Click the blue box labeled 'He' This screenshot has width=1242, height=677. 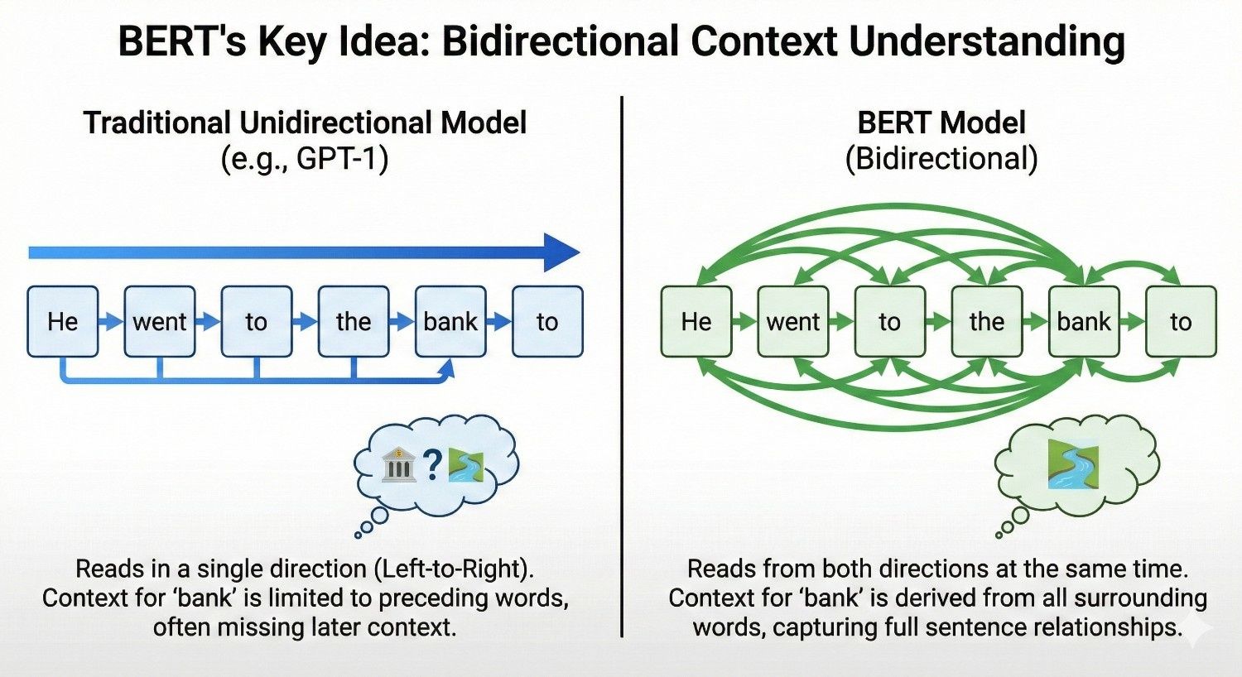click(x=63, y=321)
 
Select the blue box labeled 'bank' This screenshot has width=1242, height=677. click(x=450, y=321)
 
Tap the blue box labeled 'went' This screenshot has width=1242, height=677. click(x=160, y=321)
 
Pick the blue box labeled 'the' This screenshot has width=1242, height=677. click(x=354, y=321)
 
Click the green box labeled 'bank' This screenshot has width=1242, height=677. click(x=1084, y=321)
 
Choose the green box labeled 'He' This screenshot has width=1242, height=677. click(x=696, y=321)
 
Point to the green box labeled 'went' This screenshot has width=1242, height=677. click(x=793, y=321)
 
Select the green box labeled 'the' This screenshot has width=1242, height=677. click(x=987, y=321)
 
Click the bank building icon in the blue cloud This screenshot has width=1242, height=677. click(x=399, y=465)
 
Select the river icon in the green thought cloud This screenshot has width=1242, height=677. click(x=1072, y=463)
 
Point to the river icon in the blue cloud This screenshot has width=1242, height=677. click(x=465, y=465)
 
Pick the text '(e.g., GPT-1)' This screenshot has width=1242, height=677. click(x=305, y=157)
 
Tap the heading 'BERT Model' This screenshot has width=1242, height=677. click(x=941, y=122)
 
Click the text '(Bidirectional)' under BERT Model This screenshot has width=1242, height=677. click(x=941, y=157)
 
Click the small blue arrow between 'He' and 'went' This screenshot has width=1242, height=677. click(x=111, y=321)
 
